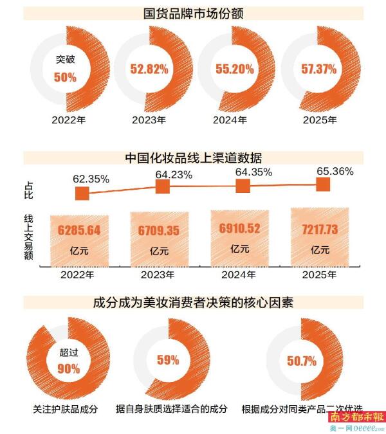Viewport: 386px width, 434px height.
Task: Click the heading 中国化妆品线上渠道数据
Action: click(x=193, y=158)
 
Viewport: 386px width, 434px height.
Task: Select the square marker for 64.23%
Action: click(x=162, y=186)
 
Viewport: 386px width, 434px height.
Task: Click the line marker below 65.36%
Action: click(x=323, y=185)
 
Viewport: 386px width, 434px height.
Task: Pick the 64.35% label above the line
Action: click(x=254, y=172)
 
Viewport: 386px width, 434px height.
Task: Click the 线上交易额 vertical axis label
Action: click(x=30, y=235)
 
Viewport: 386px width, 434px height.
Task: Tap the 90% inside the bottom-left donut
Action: click(x=68, y=369)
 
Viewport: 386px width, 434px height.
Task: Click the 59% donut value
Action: click(x=167, y=360)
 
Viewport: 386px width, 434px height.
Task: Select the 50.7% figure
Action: click(x=301, y=361)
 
